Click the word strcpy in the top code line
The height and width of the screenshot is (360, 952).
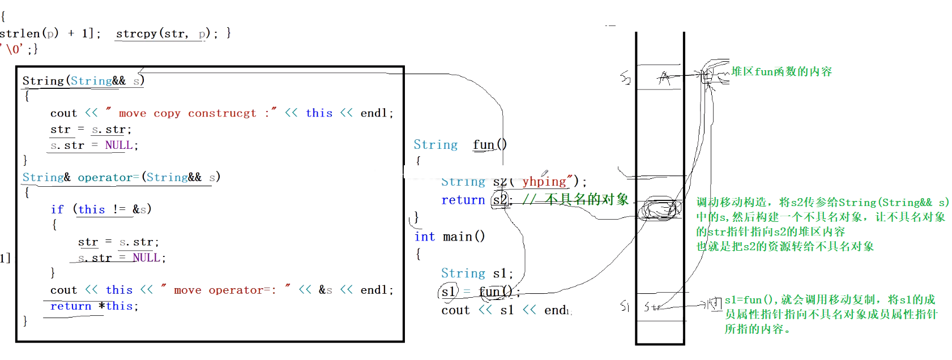[136, 33]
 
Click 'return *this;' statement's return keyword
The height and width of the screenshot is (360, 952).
[70, 306]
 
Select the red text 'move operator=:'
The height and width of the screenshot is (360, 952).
[225, 290]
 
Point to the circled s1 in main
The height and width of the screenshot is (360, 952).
[449, 292]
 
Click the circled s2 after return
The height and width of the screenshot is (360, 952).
[500, 200]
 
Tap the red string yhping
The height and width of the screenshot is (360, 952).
[544, 181]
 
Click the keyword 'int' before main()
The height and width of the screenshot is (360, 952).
[425, 237]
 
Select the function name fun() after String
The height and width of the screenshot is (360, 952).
[489, 145]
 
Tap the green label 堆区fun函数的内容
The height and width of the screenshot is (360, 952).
[782, 71]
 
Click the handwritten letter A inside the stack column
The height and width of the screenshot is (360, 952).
[664, 78]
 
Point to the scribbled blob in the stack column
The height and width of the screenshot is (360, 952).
[659, 209]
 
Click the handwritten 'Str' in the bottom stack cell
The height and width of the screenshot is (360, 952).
[652, 307]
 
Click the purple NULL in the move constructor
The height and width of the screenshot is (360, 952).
[119, 145]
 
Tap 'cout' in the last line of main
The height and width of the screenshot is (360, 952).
[455, 310]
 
